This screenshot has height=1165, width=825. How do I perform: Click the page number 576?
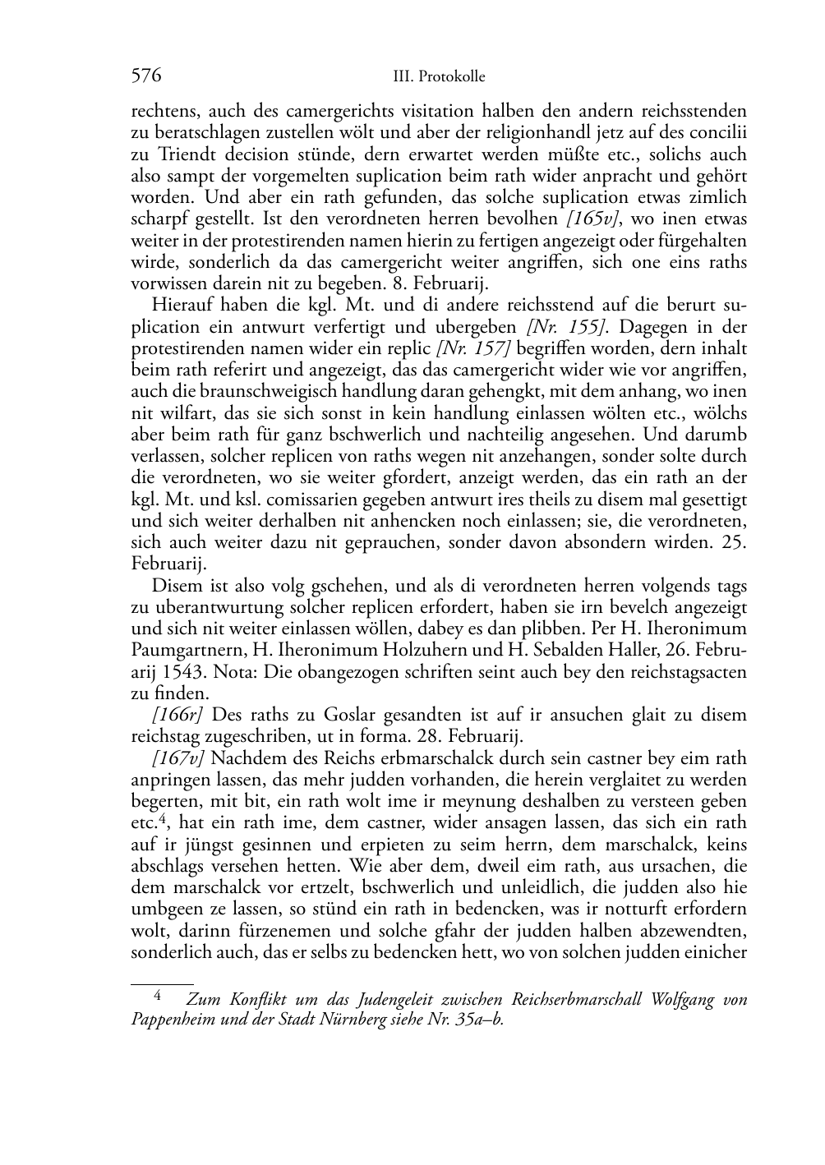tap(146, 76)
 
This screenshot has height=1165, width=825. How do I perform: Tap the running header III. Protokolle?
tap(439, 77)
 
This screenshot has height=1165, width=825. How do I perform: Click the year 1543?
tap(183, 672)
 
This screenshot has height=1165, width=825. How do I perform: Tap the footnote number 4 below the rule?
tap(159, 996)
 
